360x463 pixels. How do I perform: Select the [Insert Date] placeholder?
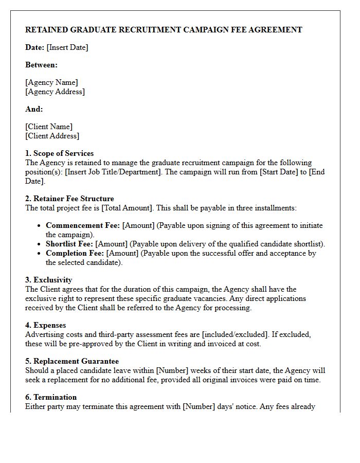tap(67, 47)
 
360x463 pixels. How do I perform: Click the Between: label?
tap(41, 65)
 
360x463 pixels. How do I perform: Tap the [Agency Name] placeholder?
tap(51, 82)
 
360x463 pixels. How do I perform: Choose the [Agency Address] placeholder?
tap(55, 92)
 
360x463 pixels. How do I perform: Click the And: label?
tap(34, 109)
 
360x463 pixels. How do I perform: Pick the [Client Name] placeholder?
tap(49, 127)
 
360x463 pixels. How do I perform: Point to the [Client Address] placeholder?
tap(52, 136)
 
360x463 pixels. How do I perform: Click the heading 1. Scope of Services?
tap(60, 153)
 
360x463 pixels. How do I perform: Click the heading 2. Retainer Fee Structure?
tap(69, 199)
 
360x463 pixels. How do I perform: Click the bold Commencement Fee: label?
tap(83, 225)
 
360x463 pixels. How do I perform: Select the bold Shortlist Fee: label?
tap(69, 244)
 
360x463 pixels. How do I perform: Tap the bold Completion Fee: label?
tap(75, 253)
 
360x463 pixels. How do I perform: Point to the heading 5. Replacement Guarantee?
tap(72, 361)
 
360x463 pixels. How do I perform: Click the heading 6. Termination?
tap(51, 397)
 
